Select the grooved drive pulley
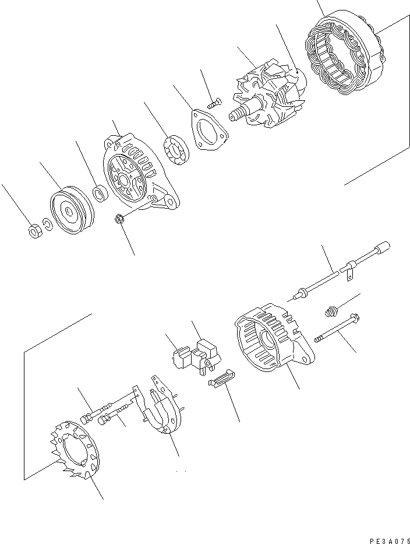[x=68, y=211]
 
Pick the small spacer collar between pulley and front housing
[x=100, y=194]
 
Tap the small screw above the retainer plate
[x=213, y=103]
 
